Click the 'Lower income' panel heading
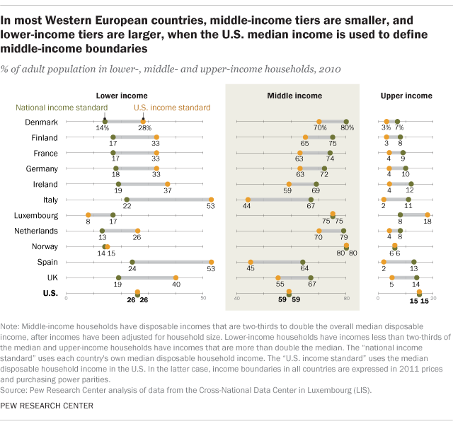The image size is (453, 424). point(122,96)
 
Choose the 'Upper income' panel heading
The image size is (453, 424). point(406,96)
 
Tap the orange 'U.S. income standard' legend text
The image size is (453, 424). point(172,108)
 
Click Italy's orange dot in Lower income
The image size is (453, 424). point(211,200)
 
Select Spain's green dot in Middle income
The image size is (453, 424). point(303,262)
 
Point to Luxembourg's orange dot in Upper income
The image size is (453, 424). point(428,215)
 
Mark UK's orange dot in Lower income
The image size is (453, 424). point(176,277)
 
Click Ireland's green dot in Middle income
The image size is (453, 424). point(316,184)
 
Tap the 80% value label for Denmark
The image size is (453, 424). point(347,128)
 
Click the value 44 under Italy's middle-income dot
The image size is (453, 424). point(248,206)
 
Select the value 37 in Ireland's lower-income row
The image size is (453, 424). point(167,190)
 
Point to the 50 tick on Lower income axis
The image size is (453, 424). point(203,299)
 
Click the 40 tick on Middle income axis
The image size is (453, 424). point(237,299)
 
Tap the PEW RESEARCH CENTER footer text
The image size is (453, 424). point(47,406)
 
